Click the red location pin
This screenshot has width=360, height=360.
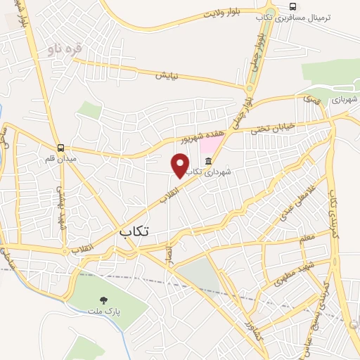click(x=181, y=166)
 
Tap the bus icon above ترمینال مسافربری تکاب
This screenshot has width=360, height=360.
click(x=292, y=6)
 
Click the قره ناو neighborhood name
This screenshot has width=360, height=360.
click(x=65, y=49)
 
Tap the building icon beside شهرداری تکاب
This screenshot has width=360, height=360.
click(x=209, y=162)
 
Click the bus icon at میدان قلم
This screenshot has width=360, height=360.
click(x=61, y=148)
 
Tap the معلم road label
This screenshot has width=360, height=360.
click(x=307, y=239)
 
